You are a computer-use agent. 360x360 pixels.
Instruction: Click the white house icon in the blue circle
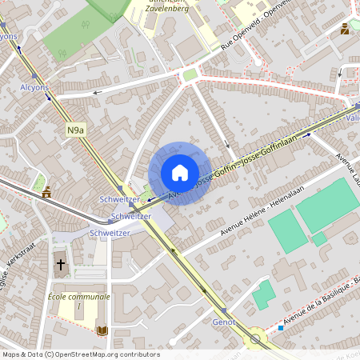[180, 173]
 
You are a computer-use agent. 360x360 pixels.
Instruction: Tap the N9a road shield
[75, 130]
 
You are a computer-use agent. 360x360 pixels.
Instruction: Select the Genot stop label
[224, 322]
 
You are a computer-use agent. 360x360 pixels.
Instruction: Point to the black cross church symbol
[60, 265]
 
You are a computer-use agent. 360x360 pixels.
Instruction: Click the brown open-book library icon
[102, 330]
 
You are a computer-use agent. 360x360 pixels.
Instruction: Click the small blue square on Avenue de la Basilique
[282, 327]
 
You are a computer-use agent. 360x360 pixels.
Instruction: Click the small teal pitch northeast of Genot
[263, 295]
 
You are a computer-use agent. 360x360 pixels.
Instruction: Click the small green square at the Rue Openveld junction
[190, 75]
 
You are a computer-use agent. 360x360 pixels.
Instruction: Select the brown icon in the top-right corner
[344, 29]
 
